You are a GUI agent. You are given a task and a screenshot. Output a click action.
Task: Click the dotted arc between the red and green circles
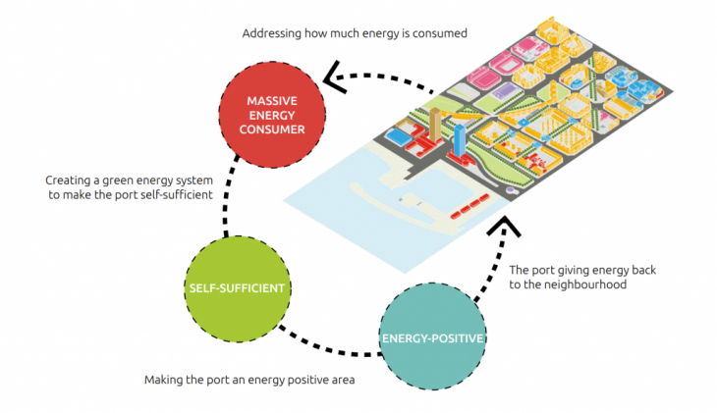pyautogui.click(x=229, y=201)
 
